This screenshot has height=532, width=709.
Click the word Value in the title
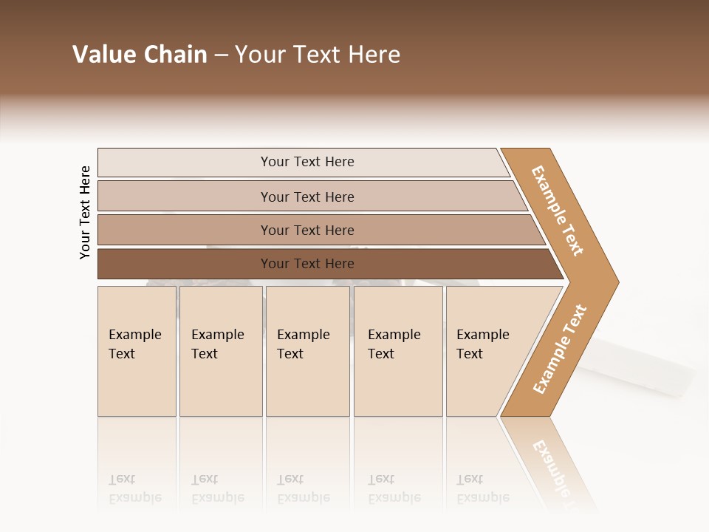coord(103,55)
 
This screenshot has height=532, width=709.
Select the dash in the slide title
coord(221,55)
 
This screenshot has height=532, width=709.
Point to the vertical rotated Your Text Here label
coord(85,212)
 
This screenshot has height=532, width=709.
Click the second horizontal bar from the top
coord(307,197)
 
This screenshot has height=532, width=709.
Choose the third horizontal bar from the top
coord(307,230)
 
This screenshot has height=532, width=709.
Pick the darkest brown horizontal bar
coord(307,264)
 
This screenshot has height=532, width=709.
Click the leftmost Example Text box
coord(137,351)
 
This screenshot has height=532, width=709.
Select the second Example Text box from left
coord(221,351)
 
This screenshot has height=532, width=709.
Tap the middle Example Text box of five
coord(307,351)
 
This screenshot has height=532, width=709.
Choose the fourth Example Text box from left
coord(398,351)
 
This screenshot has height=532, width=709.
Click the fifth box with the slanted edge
coord(491,351)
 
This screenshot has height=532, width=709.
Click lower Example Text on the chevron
coord(560,349)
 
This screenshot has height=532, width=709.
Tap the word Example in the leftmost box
coord(134,335)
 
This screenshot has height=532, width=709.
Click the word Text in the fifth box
coord(470,354)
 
